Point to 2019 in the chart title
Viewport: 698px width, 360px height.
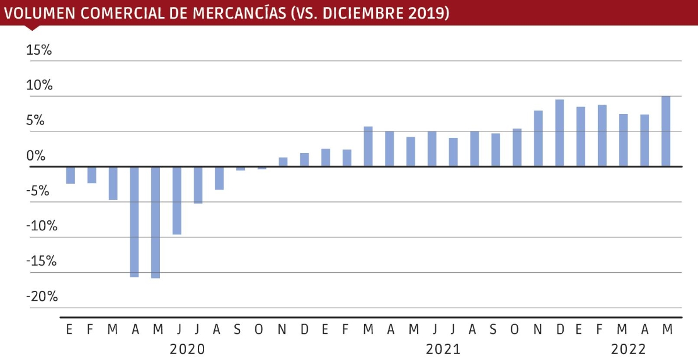point(428,13)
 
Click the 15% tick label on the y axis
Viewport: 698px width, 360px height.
point(40,51)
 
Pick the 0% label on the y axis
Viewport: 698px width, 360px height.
point(35,156)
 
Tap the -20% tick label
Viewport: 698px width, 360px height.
point(42,297)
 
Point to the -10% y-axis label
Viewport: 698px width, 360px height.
point(42,226)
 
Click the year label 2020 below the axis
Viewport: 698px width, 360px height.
point(187,350)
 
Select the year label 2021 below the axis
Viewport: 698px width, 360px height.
point(443,350)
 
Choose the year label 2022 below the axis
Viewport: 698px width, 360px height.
point(629,350)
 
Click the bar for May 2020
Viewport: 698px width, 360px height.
point(156,222)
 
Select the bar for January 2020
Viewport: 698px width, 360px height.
point(70,175)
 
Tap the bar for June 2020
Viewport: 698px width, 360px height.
point(177,201)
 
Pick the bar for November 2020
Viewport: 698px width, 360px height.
point(283,162)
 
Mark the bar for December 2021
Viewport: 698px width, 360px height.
point(560,133)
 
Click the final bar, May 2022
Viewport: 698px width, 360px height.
point(666,131)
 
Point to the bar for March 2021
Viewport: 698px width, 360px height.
point(368,147)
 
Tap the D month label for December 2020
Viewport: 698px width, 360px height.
point(304,330)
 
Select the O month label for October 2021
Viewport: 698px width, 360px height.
point(514,330)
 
